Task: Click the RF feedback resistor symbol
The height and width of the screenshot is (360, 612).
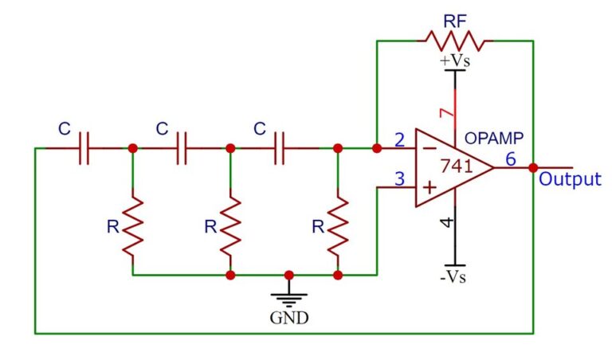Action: (455, 41)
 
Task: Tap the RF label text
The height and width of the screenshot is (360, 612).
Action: (455, 21)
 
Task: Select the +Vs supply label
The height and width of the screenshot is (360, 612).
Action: (455, 61)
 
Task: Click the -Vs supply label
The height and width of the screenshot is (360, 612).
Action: (453, 277)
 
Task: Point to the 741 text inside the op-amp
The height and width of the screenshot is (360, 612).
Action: (457, 166)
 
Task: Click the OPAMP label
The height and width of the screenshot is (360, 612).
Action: (494, 138)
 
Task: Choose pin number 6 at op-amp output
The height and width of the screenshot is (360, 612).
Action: (511, 159)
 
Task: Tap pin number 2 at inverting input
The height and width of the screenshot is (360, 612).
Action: (400, 140)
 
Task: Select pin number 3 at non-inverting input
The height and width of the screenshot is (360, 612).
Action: (400, 178)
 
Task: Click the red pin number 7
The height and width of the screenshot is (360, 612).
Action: (447, 113)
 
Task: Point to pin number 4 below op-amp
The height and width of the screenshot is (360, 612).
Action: (447, 222)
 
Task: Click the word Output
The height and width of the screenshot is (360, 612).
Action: (570, 179)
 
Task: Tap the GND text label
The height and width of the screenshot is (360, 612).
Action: (288, 318)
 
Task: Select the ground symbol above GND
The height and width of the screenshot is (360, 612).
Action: (288, 296)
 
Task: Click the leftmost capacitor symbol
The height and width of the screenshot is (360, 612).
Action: (84, 148)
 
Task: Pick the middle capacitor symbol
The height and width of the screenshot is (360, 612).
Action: (182, 148)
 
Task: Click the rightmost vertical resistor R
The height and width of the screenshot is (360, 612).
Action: (338, 226)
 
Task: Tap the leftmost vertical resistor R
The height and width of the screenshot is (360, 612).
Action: (133, 226)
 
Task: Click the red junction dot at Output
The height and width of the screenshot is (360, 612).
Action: (533, 168)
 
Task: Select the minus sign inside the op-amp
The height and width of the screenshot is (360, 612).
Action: (430, 148)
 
